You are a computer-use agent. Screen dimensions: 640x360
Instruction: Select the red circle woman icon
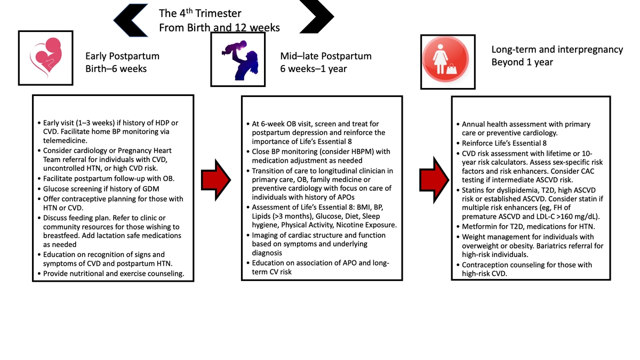[x=445, y=59]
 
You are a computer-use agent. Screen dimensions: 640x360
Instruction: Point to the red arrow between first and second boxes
[x=216, y=180]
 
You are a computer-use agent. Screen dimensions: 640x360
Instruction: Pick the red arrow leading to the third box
[x=434, y=180]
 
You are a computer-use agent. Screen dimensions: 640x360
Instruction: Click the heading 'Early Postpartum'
[x=122, y=56]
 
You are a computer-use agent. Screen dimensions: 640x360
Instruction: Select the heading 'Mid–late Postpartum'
[x=326, y=56]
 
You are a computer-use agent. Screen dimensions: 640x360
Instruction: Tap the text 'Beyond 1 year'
[x=522, y=62]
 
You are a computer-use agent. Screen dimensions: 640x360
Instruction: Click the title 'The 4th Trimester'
[x=200, y=13]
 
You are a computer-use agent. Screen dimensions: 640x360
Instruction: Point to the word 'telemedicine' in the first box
[x=65, y=141]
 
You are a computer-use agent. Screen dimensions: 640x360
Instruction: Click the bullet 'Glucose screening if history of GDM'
[x=101, y=189]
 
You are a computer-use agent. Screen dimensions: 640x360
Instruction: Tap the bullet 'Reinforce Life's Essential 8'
[x=504, y=143]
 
